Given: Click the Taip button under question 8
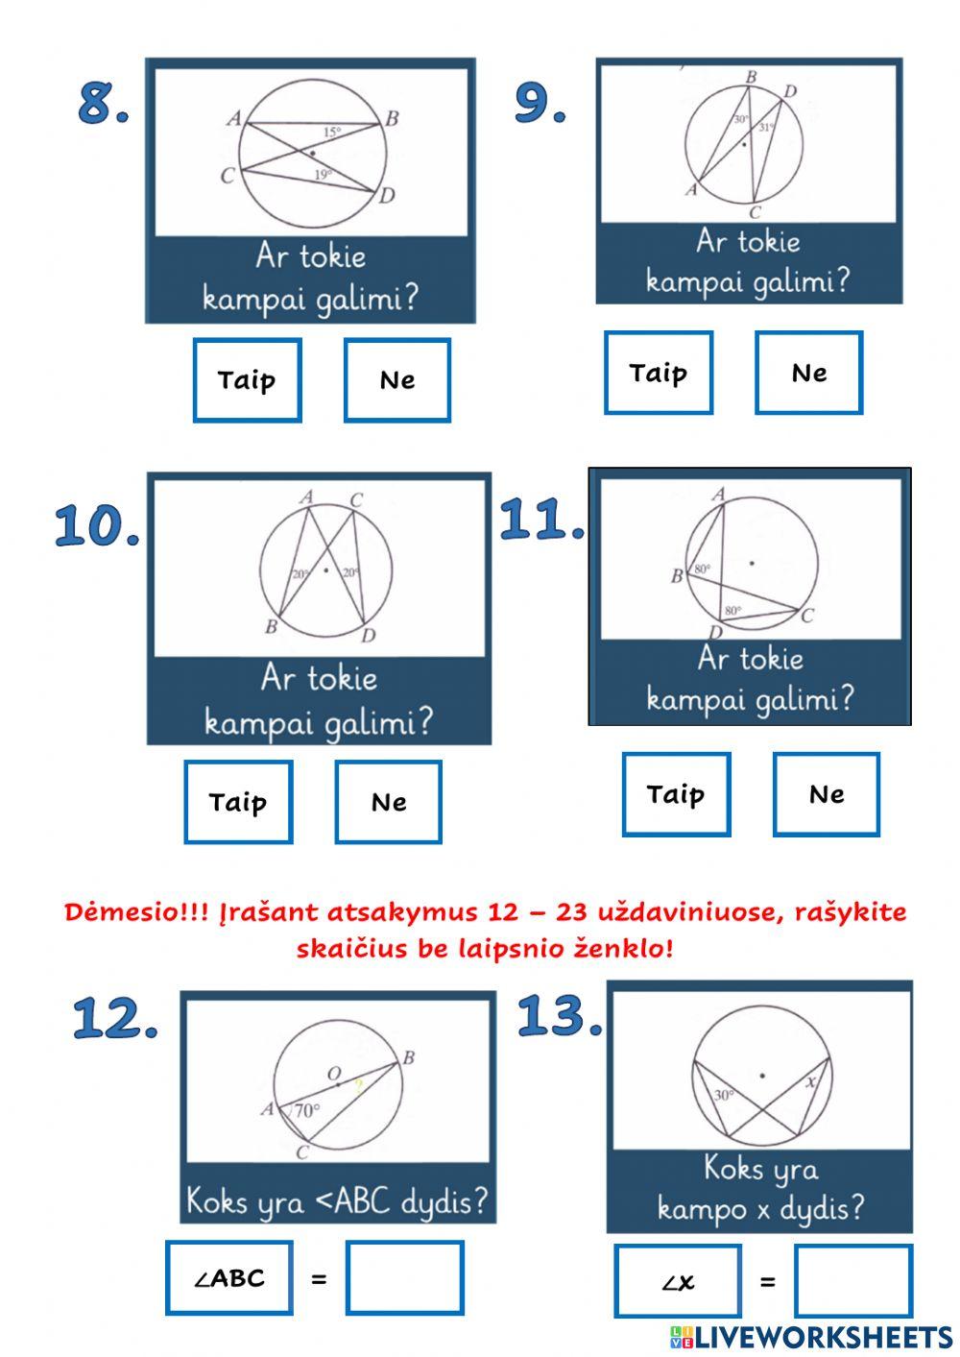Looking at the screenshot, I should (x=247, y=380).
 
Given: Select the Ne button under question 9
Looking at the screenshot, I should (x=808, y=374).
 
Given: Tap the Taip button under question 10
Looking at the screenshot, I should (x=238, y=802).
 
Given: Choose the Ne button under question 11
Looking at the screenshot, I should (x=826, y=794).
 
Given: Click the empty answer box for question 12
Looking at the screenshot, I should (x=404, y=1277).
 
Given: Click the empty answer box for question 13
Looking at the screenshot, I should (x=852, y=1281).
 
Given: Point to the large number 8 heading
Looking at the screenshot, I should (x=102, y=103).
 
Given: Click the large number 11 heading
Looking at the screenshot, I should (x=541, y=521).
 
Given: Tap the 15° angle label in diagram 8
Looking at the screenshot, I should (x=331, y=133).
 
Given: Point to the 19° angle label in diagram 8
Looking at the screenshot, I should (x=323, y=175).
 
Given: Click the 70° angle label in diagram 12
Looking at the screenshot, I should (x=307, y=1111).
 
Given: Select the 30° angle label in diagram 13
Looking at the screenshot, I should (x=724, y=1095).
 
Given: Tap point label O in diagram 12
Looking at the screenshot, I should (x=334, y=1073).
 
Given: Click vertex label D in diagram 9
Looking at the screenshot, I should (x=789, y=92).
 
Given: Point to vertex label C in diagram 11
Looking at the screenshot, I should (x=807, y=616).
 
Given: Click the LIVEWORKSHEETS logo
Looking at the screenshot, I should (x=810, y=1337).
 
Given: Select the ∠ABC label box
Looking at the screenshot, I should (x=228, y=1278).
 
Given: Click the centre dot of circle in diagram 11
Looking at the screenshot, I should (x=752, y=563).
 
